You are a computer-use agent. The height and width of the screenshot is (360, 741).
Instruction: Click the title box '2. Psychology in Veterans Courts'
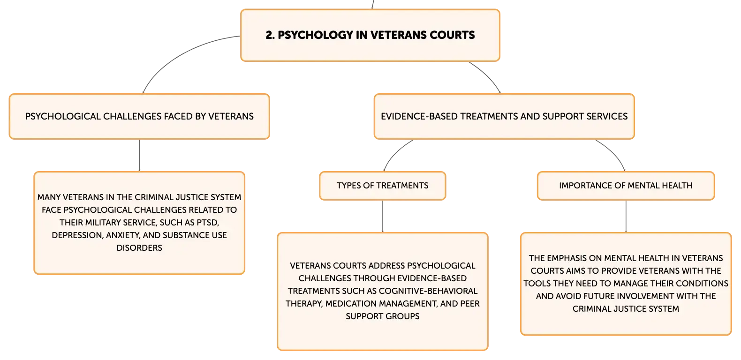tap(370, 35)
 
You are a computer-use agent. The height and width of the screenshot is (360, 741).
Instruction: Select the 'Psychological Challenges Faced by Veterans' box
tap(139, 116)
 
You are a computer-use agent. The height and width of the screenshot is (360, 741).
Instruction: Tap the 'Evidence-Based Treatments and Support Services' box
tap(504, 116)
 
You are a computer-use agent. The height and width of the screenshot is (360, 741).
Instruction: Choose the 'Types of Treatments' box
tap(383, 186)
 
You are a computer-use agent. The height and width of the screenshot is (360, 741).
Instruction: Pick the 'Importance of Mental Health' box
tap(626, 186)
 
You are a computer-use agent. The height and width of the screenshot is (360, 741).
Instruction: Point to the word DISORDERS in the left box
tap(139, 248)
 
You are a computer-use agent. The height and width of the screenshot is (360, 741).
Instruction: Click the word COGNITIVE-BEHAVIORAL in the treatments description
tap(428, 291)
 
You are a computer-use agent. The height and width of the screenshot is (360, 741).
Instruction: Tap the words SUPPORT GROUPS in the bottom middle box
tap(383, 316)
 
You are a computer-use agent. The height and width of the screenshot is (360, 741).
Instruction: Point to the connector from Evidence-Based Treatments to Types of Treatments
tap(394, 153)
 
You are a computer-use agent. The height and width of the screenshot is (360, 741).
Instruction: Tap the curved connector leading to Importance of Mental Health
tap(614, 153)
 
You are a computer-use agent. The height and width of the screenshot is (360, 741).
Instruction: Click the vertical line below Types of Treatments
tap(383, 217)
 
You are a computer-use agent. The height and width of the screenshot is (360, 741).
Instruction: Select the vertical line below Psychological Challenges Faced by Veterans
tap(139, 155)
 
